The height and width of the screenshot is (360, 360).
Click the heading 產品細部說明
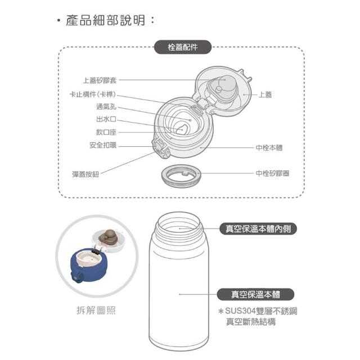point(105,20)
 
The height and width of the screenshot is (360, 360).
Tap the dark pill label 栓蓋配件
point(182,47)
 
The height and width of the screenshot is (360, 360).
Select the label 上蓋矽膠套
point(100,80)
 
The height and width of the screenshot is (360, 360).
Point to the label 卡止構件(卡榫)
point(93,94)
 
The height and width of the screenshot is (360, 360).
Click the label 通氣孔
point(106,107)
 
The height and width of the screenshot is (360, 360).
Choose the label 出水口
point(106,119)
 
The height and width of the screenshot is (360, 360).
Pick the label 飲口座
point(106,132)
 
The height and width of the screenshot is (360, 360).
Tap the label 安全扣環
point(103,145)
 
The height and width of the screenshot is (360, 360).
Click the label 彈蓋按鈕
point(85,174)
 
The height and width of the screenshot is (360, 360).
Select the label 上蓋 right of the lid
point(265,94)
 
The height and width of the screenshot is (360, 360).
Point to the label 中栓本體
point(269,147)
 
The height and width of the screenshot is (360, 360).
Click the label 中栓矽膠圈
point(272,173)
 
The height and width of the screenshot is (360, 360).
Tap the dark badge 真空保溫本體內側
point(258,229)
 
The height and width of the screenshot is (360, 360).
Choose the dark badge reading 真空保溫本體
point(255,294)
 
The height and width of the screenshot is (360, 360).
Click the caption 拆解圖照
point(96,310)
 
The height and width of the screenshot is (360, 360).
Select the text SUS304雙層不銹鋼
point(261,311)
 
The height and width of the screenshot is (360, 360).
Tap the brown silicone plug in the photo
point(108,237)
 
